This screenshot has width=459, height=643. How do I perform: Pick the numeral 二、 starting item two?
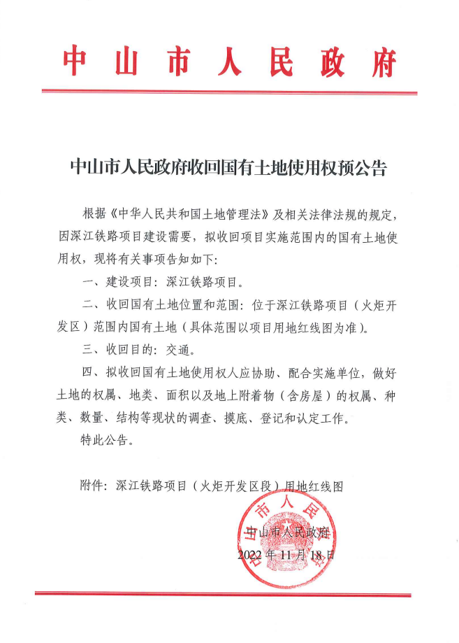coord(90,307)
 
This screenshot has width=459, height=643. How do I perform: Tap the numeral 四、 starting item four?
coord(90,371)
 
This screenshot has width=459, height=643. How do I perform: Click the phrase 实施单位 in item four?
coord(343,371)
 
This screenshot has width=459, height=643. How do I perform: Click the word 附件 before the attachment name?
coord(93,485)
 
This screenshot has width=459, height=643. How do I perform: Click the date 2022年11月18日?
coord(286,556)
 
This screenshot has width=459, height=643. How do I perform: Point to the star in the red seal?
coord(287,526)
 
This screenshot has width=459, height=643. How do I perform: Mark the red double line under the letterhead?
coord(229,91)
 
